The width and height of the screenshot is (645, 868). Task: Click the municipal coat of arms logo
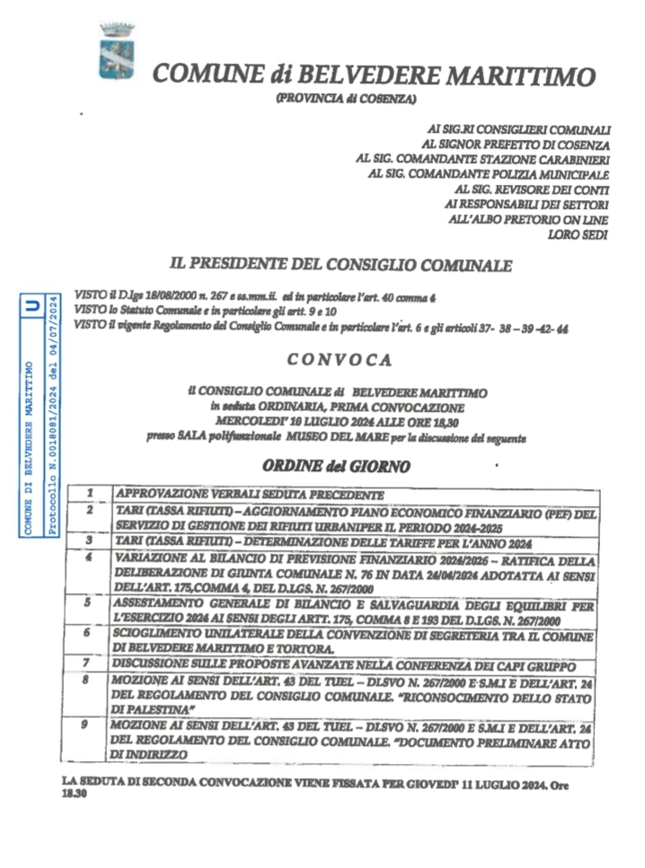tap(116, 52)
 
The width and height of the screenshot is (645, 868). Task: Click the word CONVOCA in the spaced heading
tap(339, 360)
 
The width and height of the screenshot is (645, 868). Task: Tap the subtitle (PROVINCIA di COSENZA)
tap(346, 98)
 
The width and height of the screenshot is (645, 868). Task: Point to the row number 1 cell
tap(90, 494)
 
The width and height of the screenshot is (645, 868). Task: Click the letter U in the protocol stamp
tap(32, 308)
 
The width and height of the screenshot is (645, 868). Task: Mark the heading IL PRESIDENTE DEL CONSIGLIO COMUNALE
tap(340, 265)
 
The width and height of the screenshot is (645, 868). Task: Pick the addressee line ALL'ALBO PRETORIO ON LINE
tap(528, 220)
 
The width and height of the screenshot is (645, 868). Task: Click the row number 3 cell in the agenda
tap(88, 541)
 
